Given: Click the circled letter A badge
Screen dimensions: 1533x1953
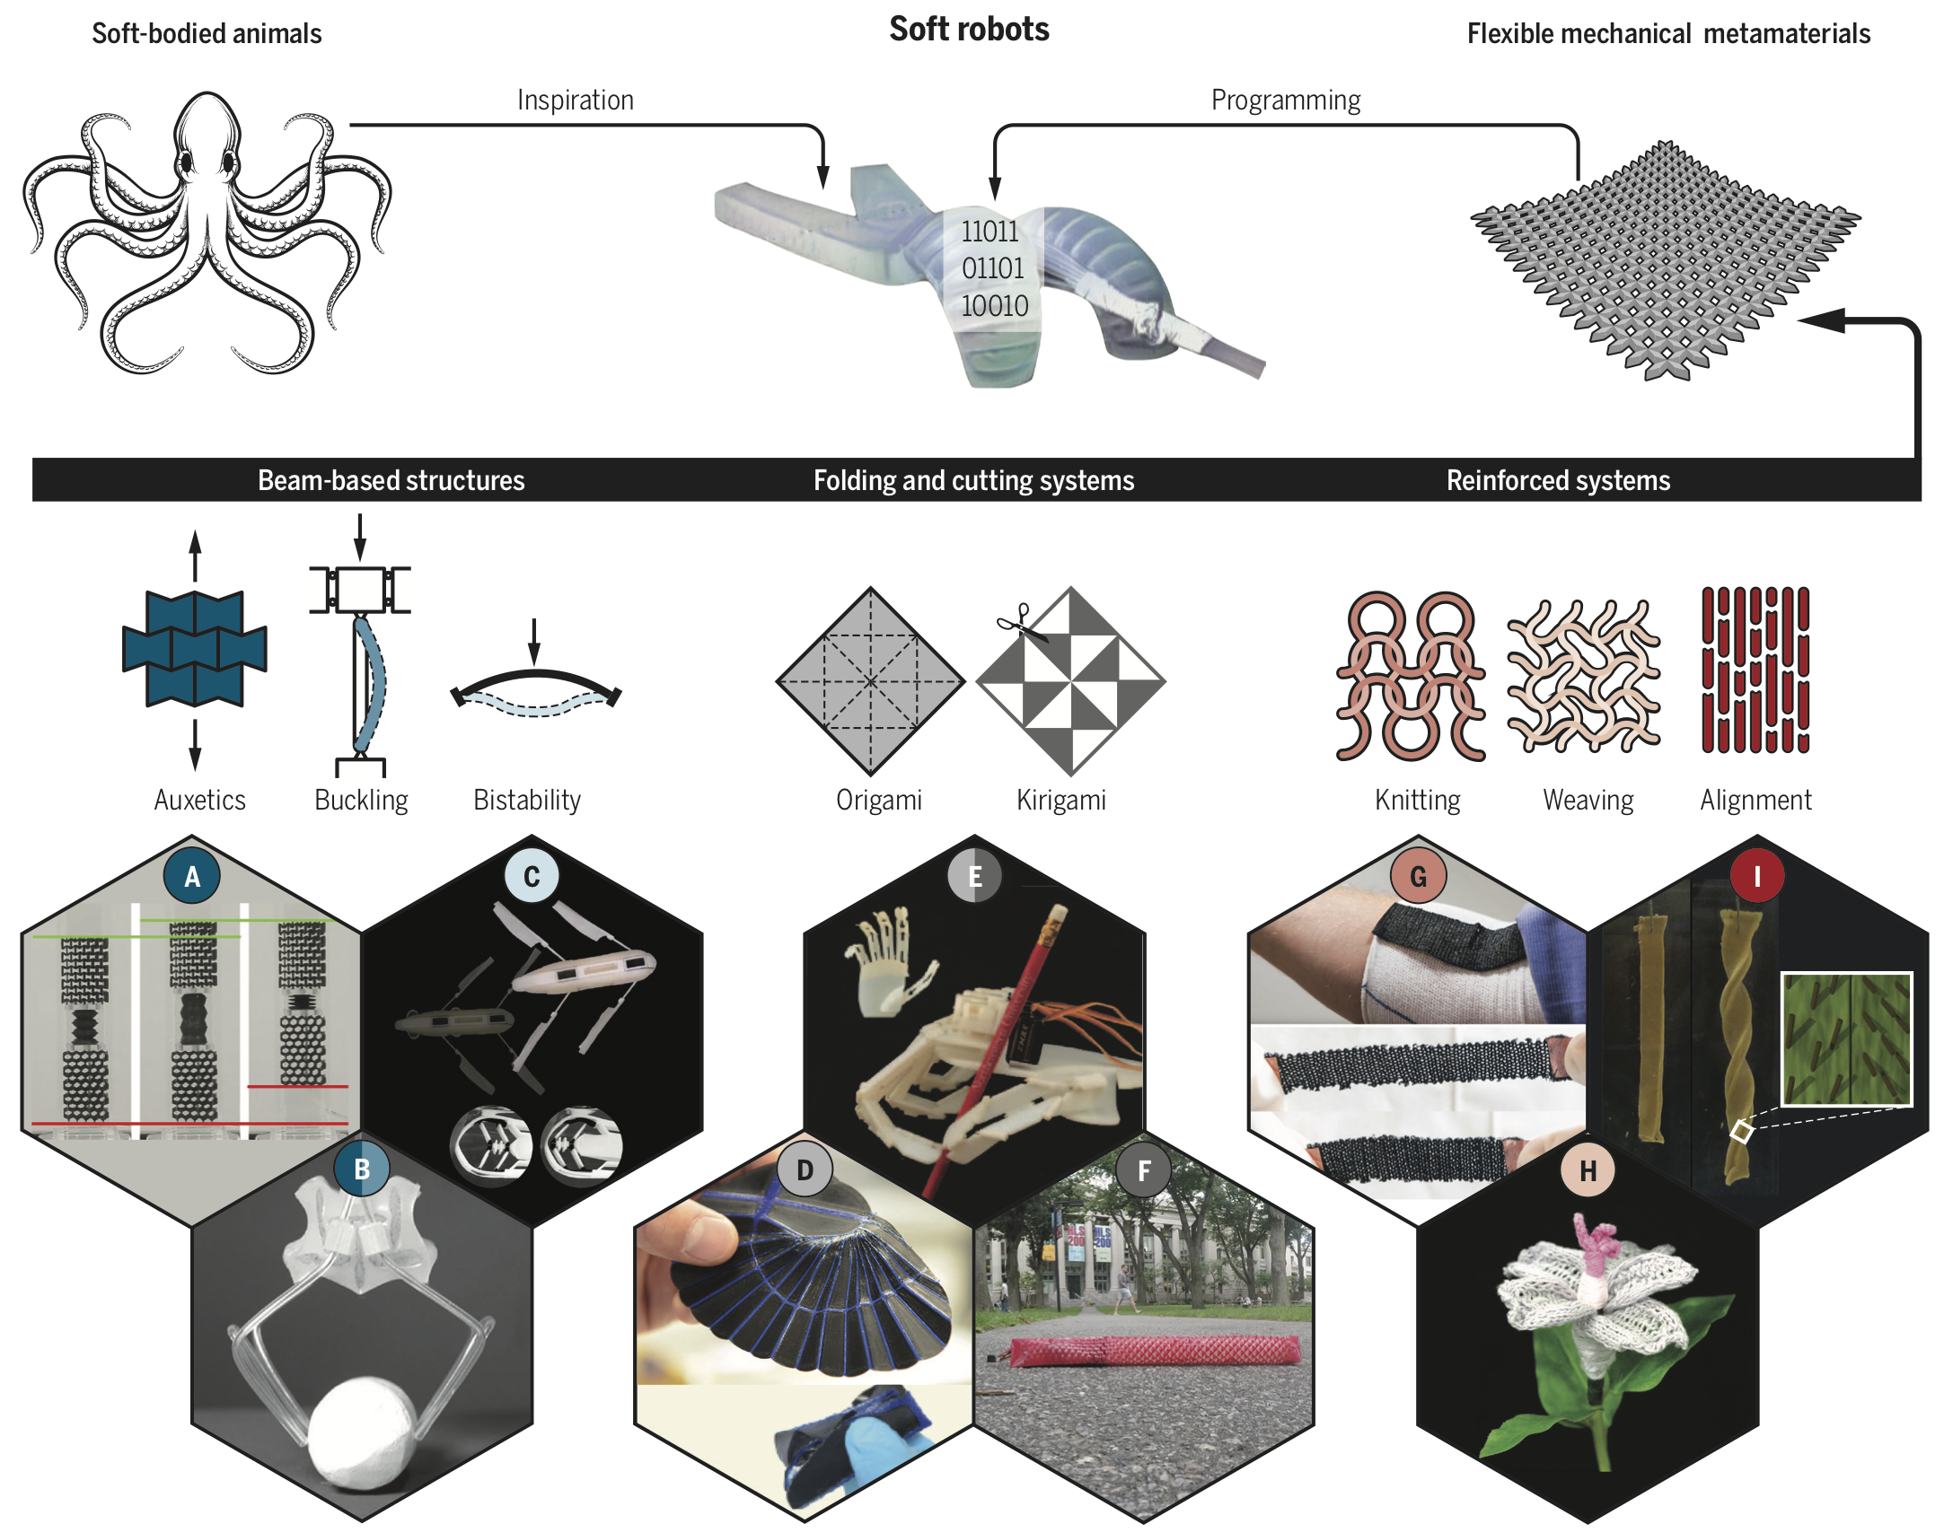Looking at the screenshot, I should (x=191, y=876).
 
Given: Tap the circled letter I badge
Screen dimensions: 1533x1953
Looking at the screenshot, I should (x=1756, y=876).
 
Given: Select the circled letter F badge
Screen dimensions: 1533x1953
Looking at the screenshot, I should (x=1143, y=1169).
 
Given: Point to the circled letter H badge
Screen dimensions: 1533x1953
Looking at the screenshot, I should (x=1588, y=1170).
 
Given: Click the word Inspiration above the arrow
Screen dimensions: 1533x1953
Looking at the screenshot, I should (x=576, y=100).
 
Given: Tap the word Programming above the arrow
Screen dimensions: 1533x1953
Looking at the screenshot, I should (x=1285, y=100).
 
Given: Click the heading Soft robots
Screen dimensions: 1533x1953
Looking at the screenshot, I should (x=969, y=30).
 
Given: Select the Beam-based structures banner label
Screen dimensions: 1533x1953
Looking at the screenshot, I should (x=391, y=480).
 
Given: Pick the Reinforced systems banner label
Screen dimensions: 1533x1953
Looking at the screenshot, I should (x=1558, y=480).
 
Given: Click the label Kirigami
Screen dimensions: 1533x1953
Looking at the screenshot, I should (x=1060, y=799).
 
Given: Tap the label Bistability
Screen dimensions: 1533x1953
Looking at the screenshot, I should (x=527, y=799).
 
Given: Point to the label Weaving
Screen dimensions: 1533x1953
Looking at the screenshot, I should (x=1588, y=799).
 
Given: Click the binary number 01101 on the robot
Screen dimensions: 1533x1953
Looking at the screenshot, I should (x=992, y=268).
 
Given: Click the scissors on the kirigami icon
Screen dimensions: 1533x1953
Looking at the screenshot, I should (x=1020, y=621).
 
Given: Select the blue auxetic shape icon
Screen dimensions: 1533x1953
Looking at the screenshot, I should (x=194, y=647).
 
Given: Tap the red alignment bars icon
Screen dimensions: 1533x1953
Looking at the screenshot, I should (x=1755, y=670).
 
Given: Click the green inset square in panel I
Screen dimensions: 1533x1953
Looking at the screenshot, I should (x=1846, y=1039).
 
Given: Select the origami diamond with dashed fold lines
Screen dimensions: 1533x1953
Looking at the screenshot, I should (x=870, y=681).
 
